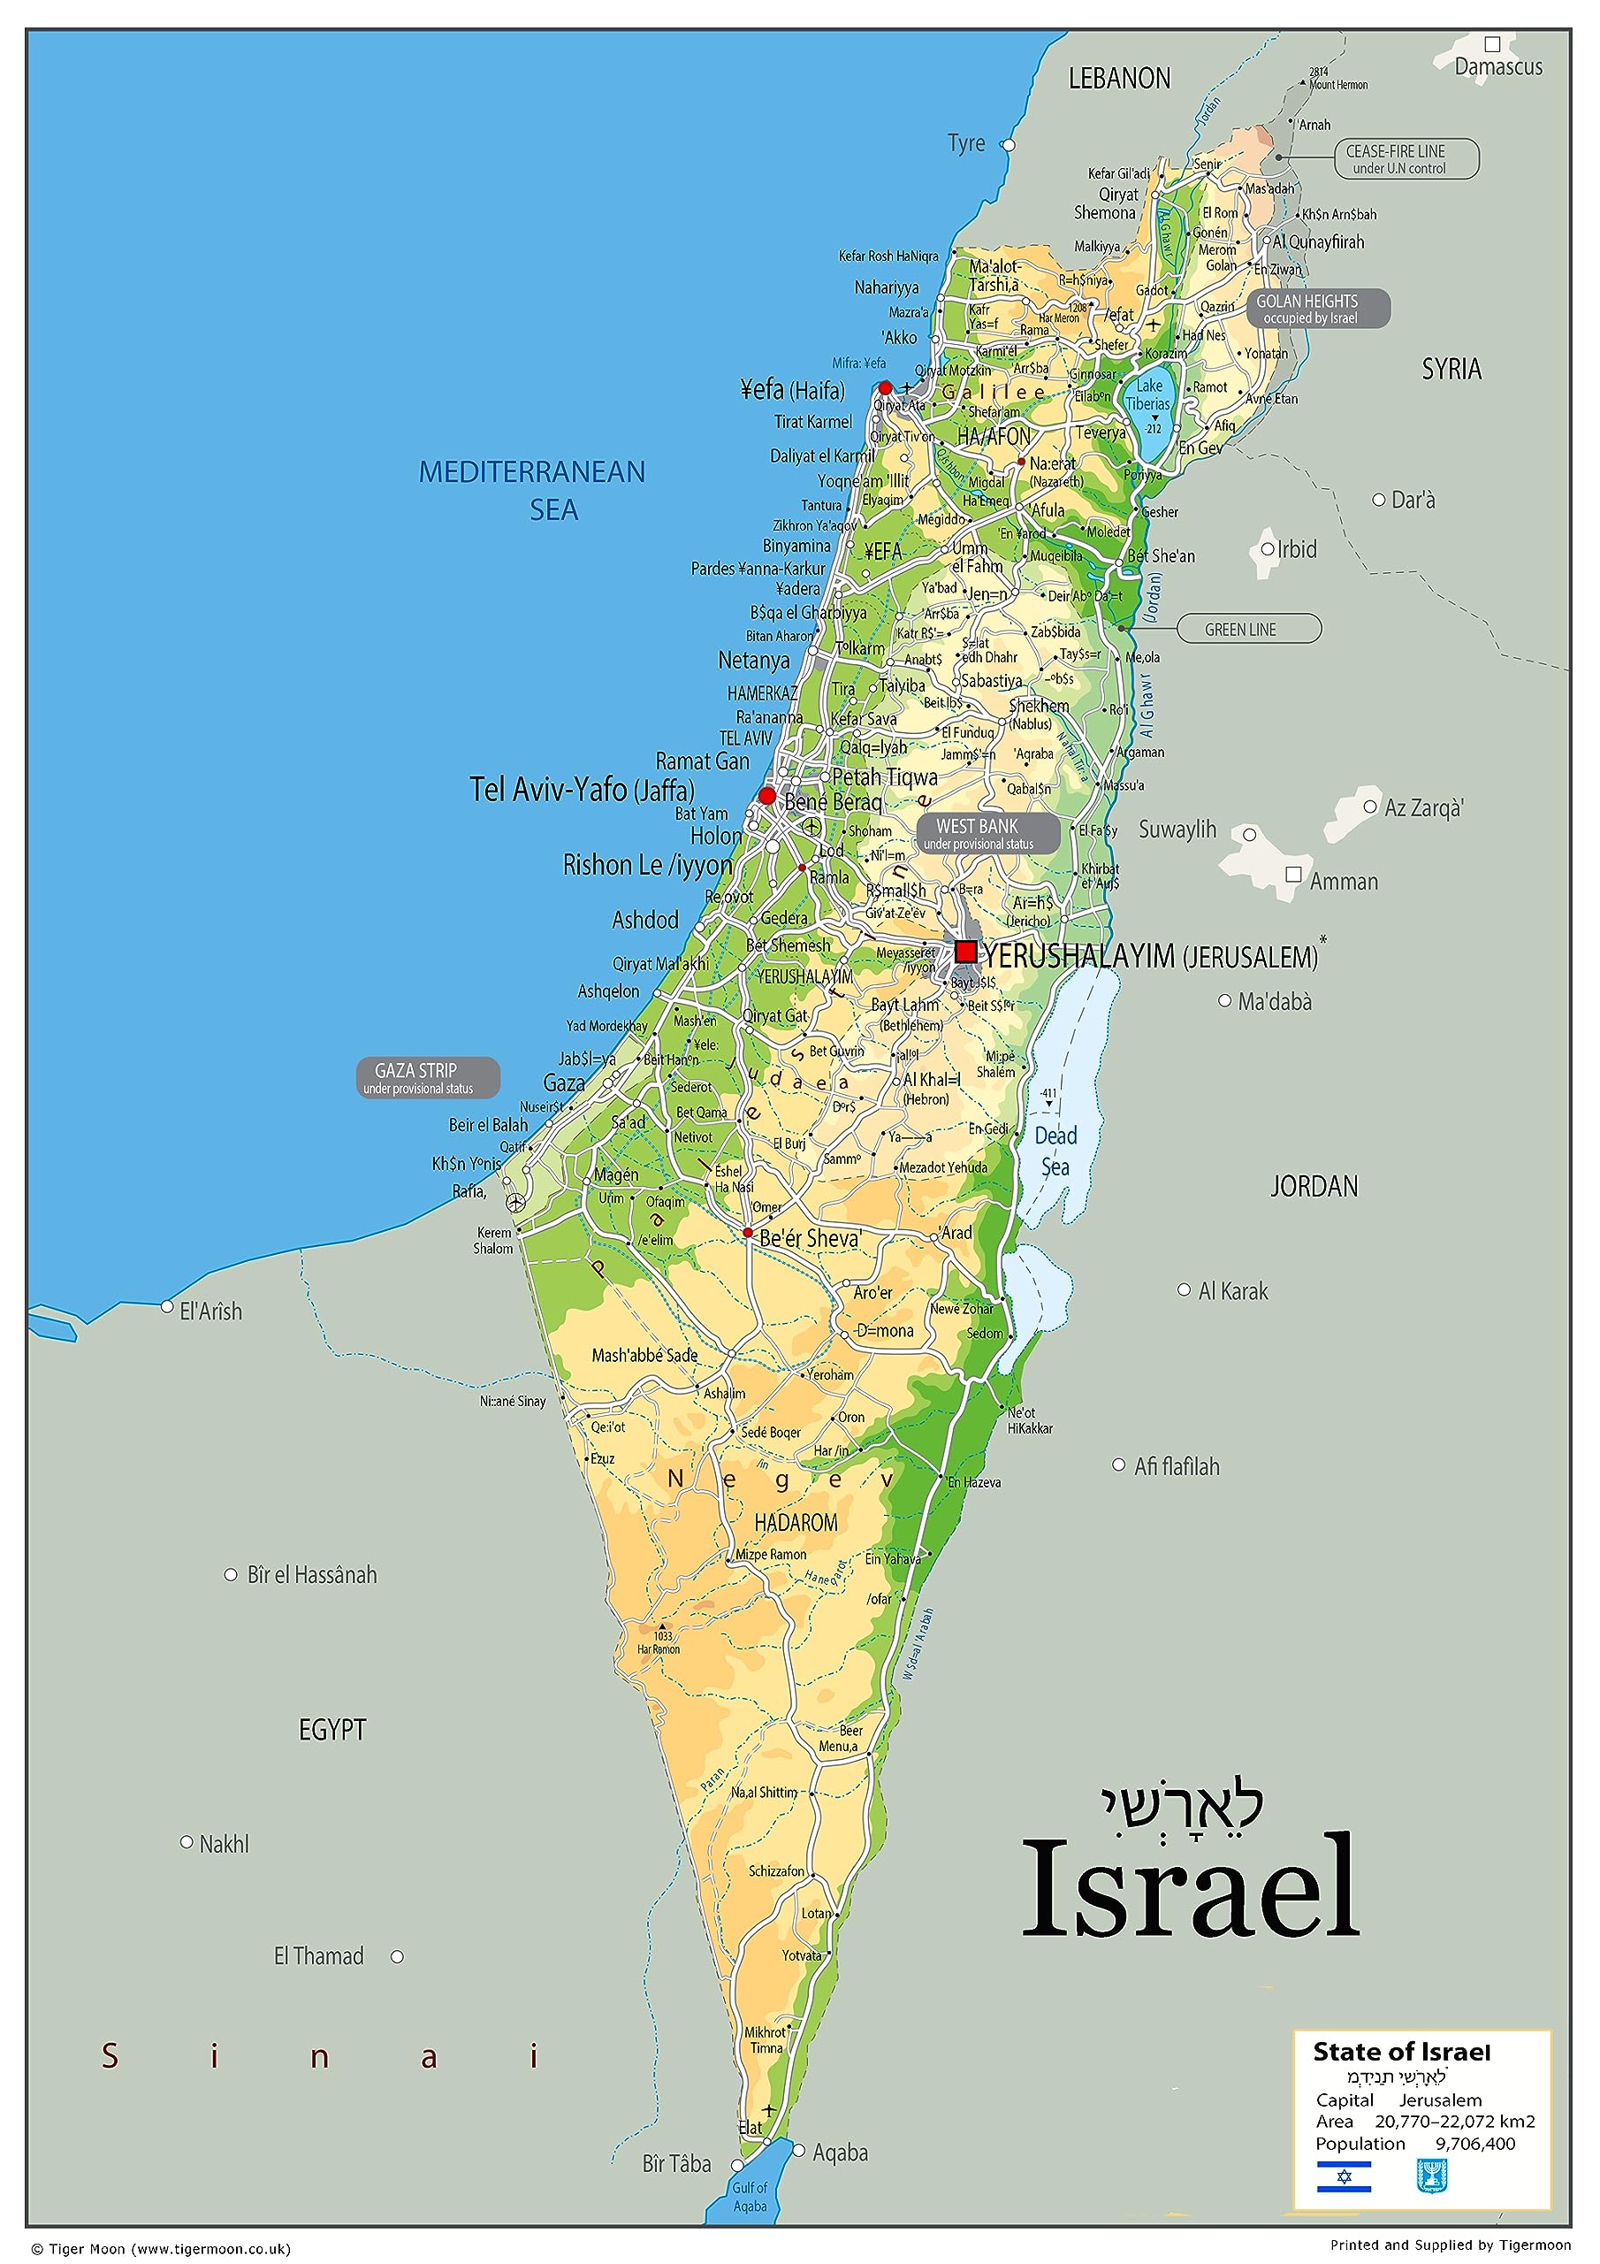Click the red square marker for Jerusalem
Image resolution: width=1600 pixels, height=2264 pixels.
pos(966,952)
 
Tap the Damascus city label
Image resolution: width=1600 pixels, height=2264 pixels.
pos(1498,67)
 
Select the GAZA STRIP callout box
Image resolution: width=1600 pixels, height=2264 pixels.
pos(426,1078)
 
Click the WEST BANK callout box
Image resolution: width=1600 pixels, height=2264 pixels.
pos(987,833)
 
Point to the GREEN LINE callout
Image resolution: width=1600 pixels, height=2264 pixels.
pos(1248,629)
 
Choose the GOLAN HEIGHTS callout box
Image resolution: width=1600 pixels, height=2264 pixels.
pos(1318,309)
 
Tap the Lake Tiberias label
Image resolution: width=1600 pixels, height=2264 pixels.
pos(1148,395)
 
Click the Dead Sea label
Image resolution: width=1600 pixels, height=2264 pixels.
pos(1055,1151)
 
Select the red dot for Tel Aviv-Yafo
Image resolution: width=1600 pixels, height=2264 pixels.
pos(767,795)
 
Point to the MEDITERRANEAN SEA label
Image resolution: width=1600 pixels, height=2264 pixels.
pos(532,490)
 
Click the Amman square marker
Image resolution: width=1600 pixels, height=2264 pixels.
pos(1293,875)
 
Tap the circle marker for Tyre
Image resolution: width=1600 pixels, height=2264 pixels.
pos(1008,144)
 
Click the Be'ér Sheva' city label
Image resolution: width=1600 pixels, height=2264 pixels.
pos(811,1237)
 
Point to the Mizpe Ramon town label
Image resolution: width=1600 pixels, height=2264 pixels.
pos(771,1554)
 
